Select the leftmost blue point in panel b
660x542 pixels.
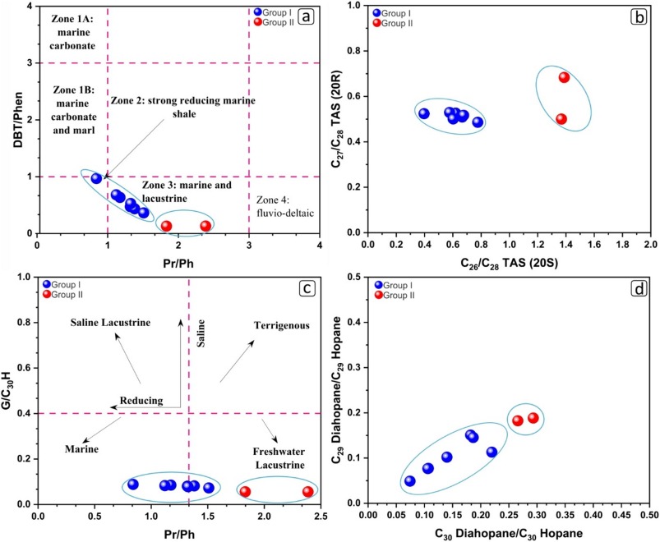pos(424,113)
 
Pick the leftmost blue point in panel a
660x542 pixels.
pos(96,178)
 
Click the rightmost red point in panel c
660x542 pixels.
pos(308,491)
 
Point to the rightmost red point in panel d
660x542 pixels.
pos(533,417)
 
